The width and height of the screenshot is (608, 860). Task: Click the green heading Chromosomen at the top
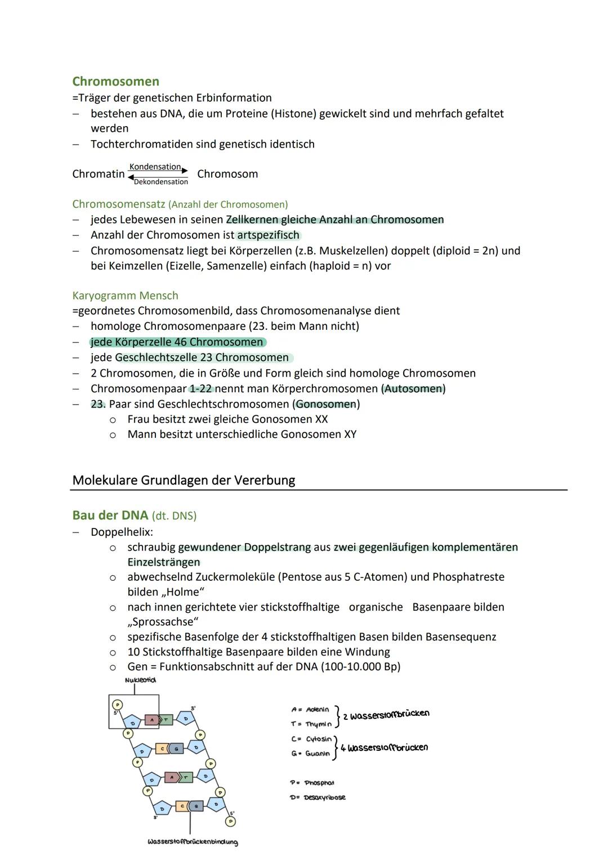tap(115, 82)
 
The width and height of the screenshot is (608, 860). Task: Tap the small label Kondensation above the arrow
tap(155, 167)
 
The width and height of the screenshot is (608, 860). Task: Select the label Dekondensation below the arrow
tap(161, 182)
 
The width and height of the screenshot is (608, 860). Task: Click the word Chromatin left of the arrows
tap(98, 174)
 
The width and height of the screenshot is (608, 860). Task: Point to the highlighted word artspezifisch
tap(269, 235)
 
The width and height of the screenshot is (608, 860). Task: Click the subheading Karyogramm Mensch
tap(125, 295)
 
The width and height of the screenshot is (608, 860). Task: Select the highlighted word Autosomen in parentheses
tap(414, 389)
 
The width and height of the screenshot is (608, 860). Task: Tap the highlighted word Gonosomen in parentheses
tap(326, 404)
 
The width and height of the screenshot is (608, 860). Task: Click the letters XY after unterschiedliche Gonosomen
tap(350, 435)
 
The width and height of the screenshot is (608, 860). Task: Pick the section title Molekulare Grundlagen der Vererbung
tap(184, 480)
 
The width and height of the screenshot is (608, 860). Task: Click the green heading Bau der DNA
tap(110, 516)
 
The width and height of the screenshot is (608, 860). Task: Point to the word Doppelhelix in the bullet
tap(121, 532)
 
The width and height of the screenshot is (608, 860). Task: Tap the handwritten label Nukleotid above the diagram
tap(140, 680)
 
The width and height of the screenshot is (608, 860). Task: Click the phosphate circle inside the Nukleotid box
tap(117, 705)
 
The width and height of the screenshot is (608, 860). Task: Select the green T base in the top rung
tap(166, 719)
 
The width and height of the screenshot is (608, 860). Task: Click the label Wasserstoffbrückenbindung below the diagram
tap(193, 842)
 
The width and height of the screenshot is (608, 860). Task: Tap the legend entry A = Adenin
tap(310, 710)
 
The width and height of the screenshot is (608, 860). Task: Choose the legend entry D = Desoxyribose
tap(318, 798)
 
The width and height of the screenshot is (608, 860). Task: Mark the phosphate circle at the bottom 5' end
tap(230, 821)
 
